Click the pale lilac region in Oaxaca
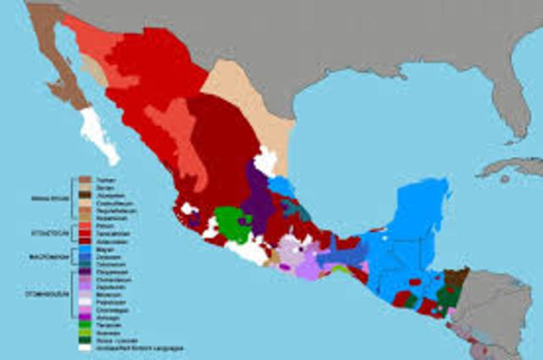click(x=293, y=250)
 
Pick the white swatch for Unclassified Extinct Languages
click(x=86, y=347)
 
